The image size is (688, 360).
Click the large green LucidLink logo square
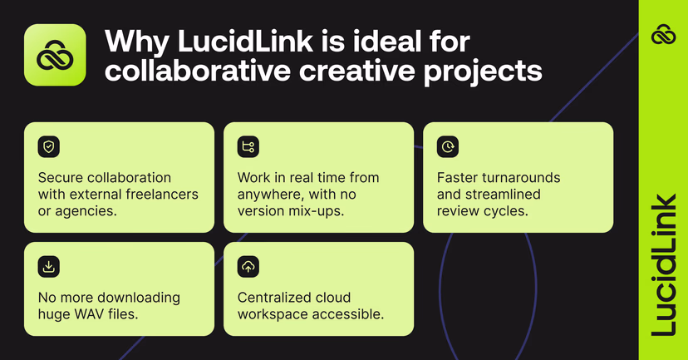pos(55,55)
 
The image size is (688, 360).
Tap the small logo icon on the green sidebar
pos(663,35)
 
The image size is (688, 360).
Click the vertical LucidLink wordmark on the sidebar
pos(663,265)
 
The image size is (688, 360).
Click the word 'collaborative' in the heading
pos(185,71)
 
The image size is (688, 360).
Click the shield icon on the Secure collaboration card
pos(49,147)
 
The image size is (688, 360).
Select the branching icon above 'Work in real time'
pos(248,147)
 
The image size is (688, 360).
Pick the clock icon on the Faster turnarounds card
pos(448,147)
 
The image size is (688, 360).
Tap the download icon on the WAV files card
pos(49,267)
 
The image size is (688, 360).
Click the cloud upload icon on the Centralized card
pos(248,267)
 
